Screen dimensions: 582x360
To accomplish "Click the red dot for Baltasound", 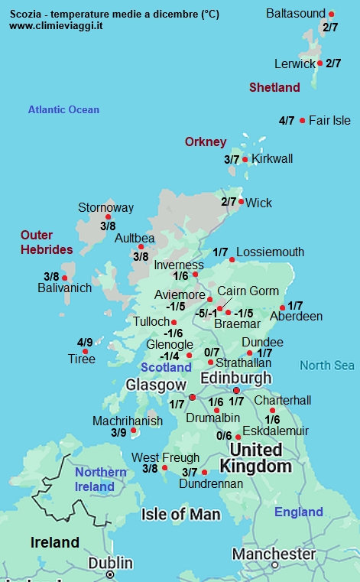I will pyautogui.click(x=331, y=15).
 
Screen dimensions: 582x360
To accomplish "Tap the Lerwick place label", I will pyautogui.click(x=295, y=63).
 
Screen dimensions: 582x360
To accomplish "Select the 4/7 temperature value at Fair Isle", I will pyautogui.click(x=287, y=121).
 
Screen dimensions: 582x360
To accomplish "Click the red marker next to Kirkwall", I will pyautogui.click(x=245, y=159).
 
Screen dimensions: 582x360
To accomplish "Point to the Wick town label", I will pyautogui.click(x=260, y=203).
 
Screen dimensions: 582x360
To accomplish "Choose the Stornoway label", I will pyautogui.click(x=105, y=207).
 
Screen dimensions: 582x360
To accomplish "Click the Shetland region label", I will pyautogui.click(x=274, y=88).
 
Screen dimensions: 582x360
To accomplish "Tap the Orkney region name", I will pyautogui.click(x=206, y=141).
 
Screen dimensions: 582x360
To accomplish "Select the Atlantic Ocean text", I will pyautogui.click(x=63, y=110).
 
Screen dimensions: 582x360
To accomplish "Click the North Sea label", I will pyautogui.click(x=326, y=366).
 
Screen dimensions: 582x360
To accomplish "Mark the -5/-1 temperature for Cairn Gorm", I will pyautogui.click(x=205, y=314).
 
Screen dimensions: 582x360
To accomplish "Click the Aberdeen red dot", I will pyautogui.click(x=283, y=307).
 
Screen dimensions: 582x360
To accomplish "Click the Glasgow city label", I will pyautogui.click(x=156, y=384).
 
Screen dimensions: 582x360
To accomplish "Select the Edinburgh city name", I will pyautogui.click(x=236, y=378).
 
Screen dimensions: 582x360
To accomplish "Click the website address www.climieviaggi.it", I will pyautogui.click(x=57, y=25).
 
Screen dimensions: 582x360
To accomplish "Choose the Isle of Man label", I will pyautogui.click(x=180, y=514).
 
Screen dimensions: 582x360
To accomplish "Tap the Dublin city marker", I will pyautogui.click(x=110, y=573).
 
